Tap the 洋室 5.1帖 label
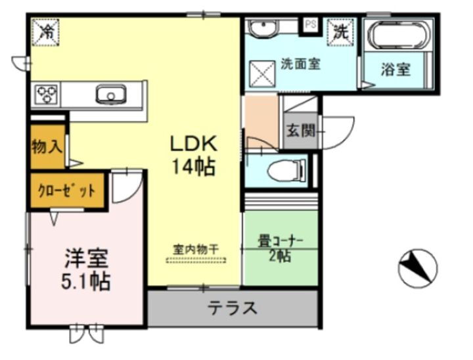tap(86, 269)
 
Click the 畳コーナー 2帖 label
tap(280, 248)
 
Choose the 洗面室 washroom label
tap(300, 64)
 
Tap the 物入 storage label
tap(47, 147)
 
